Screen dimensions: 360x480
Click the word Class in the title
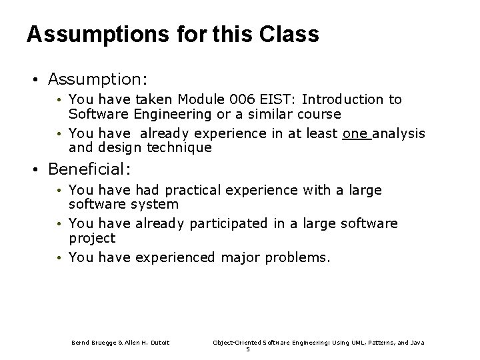point(287,34)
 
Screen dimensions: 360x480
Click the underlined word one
point(355,133)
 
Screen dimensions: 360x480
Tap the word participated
point(226,223)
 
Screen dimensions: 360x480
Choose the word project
point(92,238)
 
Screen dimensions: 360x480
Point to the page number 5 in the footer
point(247,349)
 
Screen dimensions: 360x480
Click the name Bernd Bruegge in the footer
point(97,343)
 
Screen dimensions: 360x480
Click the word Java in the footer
point(417,343)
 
